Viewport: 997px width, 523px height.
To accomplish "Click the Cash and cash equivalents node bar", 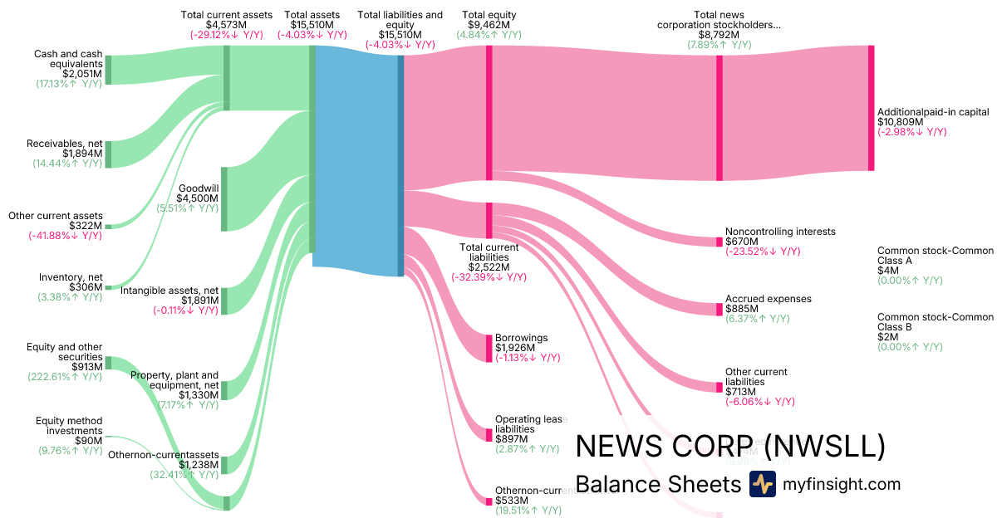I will click(x=108, y=70).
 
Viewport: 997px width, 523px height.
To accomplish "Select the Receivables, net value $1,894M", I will click(x=83, y=154).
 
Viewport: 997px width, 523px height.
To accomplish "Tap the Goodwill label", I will click(x=199, y=188).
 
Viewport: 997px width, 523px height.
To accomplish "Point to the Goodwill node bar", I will click(x=224, y=198).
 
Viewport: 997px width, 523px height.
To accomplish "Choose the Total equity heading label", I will click(x=489, y=15).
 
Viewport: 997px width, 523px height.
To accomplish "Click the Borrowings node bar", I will click(x=489, y=347).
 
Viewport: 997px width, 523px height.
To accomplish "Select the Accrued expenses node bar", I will click(x=720, y=309).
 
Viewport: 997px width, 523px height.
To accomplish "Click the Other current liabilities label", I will click(x=756, y=377).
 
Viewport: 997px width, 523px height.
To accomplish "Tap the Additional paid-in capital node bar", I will click(x=872, y=108).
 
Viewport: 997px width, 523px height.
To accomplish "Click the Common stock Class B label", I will click(x=936, y=322).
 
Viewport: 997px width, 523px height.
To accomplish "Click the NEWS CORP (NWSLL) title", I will click(x=730, y=447).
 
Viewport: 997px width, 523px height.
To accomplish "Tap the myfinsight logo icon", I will click(x=762, y=484).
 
